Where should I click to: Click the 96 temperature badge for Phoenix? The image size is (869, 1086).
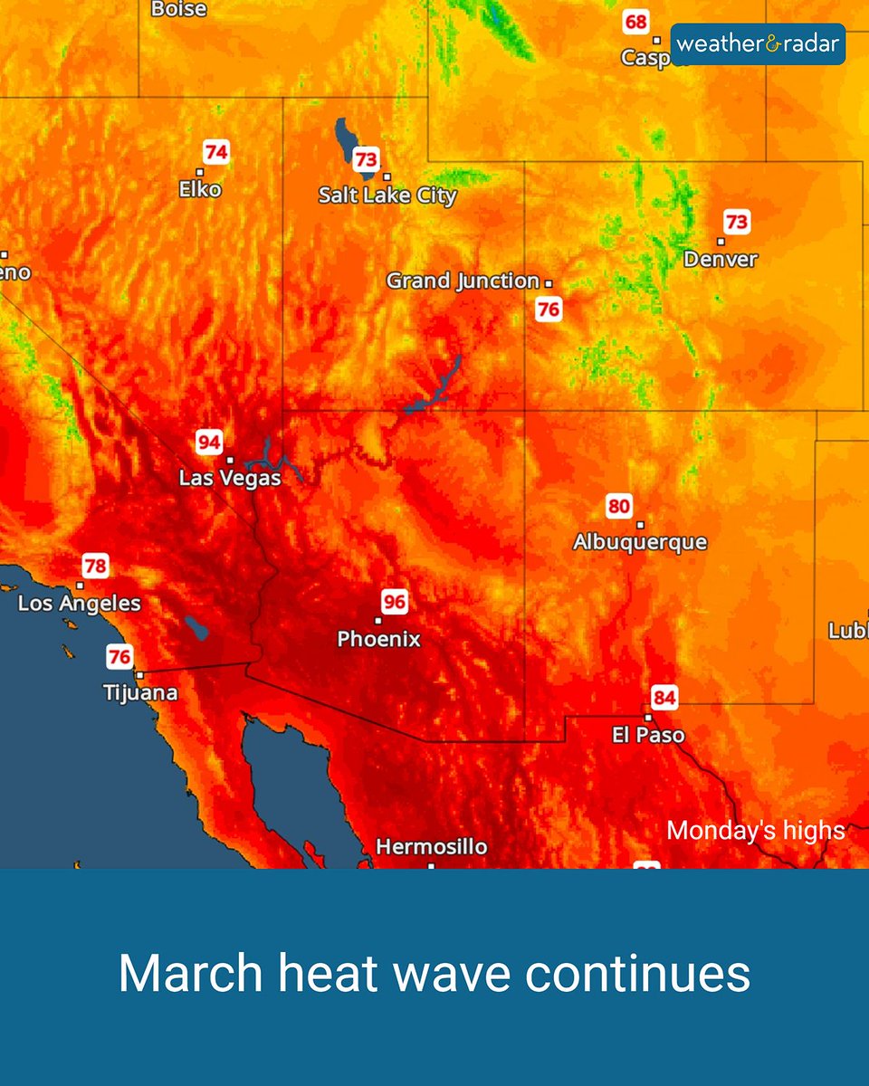(x=394, y=602)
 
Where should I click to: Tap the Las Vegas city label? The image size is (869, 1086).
(x=230, y=477)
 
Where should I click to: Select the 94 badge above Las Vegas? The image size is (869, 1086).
(x=209, y=443)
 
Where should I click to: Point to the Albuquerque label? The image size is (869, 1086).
(x=640, y=542)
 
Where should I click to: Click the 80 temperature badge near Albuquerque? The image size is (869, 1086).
(x=619, y=506)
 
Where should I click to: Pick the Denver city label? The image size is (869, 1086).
(x=721, y=259)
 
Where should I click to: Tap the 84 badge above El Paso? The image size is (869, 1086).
(x=664, y=698)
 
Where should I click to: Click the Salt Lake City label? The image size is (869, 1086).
(x=387, y=195)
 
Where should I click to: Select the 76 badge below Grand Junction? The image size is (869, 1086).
(x=549, y=310)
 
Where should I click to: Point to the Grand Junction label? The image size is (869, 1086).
(x=463, y=281)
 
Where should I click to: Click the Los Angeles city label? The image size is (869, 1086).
(x=80, y=603)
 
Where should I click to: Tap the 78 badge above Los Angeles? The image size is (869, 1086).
(x=95, y=567)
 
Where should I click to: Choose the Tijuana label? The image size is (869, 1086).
(x=140, y=693)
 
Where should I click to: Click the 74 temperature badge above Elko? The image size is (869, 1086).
(x=215, y=151)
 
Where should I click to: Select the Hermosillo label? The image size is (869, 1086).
(x=431, y=847)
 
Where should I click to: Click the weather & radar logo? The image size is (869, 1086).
(x=758, y=43)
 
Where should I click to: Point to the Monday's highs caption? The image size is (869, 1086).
(x=756, y=831)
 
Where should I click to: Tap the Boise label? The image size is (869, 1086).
(x=178, y=9)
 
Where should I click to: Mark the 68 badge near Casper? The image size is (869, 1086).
(x=636, y=22)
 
